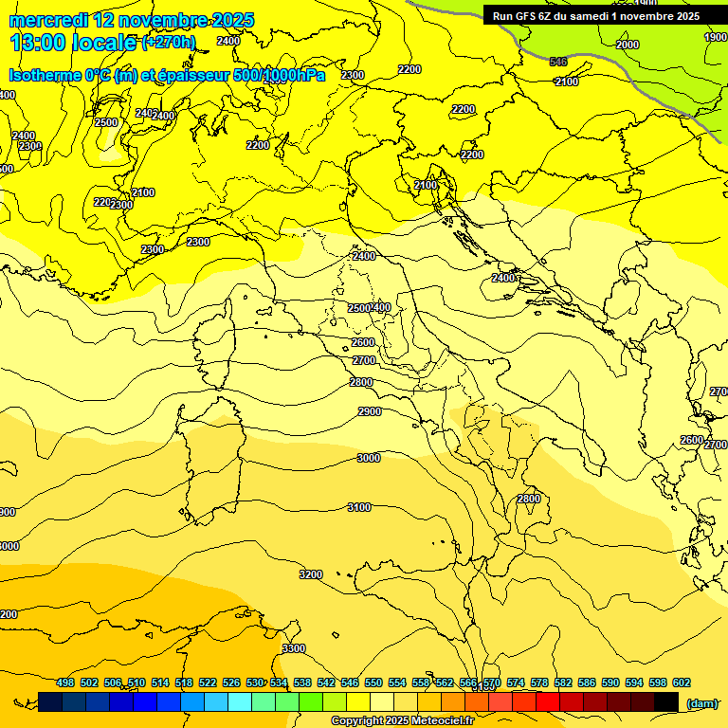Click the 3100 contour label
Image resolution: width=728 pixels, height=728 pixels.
[359, 507]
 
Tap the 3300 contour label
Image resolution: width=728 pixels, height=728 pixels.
[294, 648]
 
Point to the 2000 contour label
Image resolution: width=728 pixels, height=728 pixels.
[628, 45]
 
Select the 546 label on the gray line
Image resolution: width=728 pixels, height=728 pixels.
[558, 62]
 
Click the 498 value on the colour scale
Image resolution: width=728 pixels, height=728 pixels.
[65, 682]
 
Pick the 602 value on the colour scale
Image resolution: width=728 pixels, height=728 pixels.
[682, 682]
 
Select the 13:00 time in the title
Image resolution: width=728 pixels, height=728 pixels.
[39, 42]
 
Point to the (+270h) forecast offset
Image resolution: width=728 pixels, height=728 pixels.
[169, 43]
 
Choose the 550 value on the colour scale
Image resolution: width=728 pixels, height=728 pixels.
[373, 682]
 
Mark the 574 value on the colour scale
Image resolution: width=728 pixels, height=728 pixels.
[516, 682]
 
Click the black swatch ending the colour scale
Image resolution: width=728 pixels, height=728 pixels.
[666, 701]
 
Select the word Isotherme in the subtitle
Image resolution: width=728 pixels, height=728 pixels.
[45, 76]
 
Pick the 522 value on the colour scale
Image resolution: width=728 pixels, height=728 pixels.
[208, 682]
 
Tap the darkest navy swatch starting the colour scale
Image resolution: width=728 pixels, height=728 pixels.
[50, 701]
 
